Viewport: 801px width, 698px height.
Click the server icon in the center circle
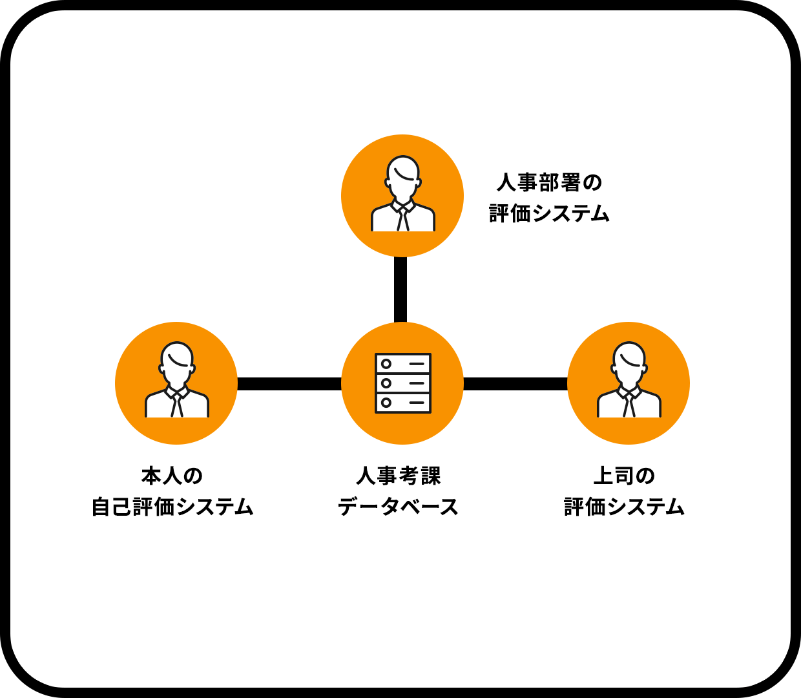tap(402, 383)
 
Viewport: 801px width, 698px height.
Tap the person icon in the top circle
tap(402, 194)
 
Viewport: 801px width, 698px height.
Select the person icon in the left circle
tap(176, 380)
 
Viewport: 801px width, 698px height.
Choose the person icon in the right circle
tap(629, 380)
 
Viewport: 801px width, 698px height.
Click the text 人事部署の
tap(549, 182)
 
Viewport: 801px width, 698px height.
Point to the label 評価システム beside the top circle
tap(549, 213)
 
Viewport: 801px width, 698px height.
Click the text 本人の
tap(172, 476)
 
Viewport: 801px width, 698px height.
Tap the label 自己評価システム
tap(172, 507)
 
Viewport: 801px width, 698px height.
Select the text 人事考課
tap(399, 476)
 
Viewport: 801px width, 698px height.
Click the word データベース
tap(399, 507)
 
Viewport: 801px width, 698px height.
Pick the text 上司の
tap(624, 476)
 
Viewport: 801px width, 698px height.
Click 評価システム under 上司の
tap(624, 507)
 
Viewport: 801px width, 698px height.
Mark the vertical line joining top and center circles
tap(400, 290)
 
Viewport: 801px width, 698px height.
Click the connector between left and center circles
tap(289, 384)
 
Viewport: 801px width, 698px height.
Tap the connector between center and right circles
tap(515, 384)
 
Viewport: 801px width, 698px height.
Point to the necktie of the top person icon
tap(402, 218)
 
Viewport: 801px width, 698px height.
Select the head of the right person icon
tap(629, 359)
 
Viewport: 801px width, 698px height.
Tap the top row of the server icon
tap(402, 364)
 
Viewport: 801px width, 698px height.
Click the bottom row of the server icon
tap(402, 403)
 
